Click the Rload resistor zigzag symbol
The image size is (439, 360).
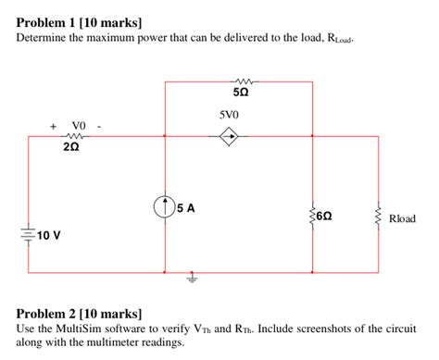(x=378, y=219)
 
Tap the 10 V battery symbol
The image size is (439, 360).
(x=29, y=232)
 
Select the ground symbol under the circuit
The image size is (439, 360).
(x=193, y=277)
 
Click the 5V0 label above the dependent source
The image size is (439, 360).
(x=229, y=116)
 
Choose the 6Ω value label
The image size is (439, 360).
(x=325, y=217)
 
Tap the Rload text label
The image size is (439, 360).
(x=403, y=219)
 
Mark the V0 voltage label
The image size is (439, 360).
(x=77, y=124)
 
